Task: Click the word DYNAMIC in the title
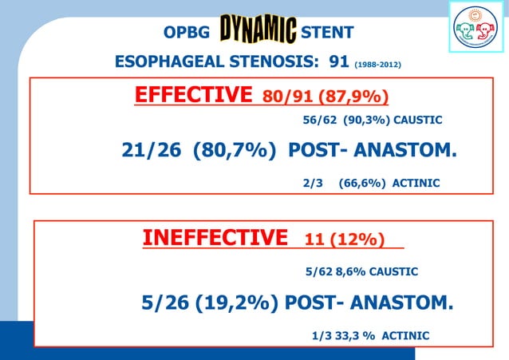[258, 31]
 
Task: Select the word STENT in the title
[329, 33]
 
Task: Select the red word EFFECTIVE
[194, 96]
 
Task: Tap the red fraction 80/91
[287, 97]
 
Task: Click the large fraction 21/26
[152, 150]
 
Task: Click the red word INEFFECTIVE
[215, 238]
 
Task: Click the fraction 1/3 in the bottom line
[319, 335]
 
